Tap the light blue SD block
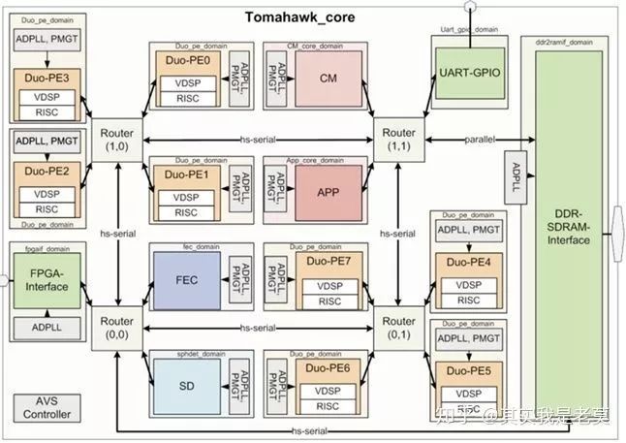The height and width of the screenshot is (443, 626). [187, 385]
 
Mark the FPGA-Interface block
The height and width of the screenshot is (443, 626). [46, 280]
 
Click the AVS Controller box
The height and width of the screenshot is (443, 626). [47, 407]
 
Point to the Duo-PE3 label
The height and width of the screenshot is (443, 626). [46, 76]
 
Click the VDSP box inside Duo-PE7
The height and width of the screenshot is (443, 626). [328, 286]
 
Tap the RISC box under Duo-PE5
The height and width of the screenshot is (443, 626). [468, 406]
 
